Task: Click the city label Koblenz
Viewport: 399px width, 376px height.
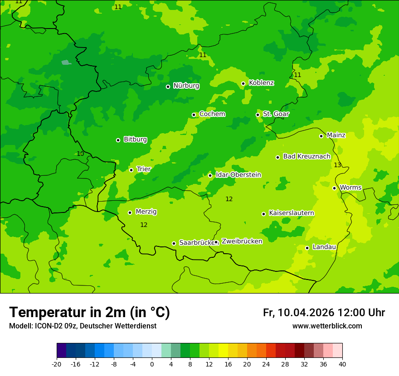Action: pos(261,83)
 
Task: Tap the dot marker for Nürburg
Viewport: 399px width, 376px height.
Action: pos(168,87)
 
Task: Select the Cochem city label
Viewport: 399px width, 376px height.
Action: pos(212,114)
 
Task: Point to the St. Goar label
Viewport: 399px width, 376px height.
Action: pos(276,114)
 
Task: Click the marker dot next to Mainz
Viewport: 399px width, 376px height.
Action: pos(321,136)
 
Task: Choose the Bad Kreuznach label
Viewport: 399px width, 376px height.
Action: pos(307,156)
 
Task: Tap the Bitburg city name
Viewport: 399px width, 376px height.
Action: pos(135,140)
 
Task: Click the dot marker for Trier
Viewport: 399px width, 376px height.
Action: pos(131,170)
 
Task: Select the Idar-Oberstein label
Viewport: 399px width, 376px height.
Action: pos(238,175)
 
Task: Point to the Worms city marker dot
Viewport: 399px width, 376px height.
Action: pos(334,188)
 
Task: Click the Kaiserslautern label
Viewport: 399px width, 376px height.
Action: pos(291,213)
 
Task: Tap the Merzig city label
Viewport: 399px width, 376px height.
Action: pos(146,212)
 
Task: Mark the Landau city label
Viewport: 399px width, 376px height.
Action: pos(324,247)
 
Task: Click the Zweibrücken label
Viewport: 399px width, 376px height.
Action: pos(242,241)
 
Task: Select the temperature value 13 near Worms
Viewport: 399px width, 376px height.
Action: pos(337,165)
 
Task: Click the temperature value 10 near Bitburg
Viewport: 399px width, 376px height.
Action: pos(80,154)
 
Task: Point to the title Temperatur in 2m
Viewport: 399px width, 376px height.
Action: pos(89,313)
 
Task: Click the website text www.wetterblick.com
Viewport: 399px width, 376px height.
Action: pos(327,326)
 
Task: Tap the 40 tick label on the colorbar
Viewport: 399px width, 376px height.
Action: pos(342,364)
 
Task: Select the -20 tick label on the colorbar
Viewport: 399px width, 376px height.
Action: pos(56,364)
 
